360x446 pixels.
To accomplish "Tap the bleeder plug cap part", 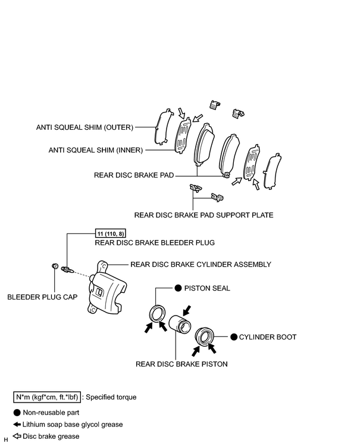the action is pos(55,266).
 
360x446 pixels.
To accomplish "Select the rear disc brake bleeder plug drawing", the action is pos(68,269).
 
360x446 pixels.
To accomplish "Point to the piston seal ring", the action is pos(157,314).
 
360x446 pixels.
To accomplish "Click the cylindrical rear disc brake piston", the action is pos(180,323).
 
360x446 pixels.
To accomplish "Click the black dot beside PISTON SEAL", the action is pos(178,288).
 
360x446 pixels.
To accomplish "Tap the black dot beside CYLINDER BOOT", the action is pos(234,337).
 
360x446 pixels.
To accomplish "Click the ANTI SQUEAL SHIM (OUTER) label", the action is pos(84,127).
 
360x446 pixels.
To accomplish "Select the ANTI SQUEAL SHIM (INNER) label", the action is pos(96,150).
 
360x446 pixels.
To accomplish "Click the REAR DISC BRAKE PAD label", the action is pos(134,175).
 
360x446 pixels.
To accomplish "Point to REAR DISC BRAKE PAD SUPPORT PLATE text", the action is pos(204,215).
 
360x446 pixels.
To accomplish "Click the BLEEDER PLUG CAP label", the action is pos(42,297).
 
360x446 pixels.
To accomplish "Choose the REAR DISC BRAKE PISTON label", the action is pos(181,364).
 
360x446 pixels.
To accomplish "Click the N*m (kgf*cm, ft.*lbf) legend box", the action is pos(47,397).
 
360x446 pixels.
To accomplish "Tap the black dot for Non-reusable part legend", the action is pos(17,413).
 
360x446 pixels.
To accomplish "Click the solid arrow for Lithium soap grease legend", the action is pos(17,425).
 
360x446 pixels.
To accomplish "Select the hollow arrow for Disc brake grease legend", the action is pos(17,436).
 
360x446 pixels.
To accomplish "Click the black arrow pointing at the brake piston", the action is pos(187,311).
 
